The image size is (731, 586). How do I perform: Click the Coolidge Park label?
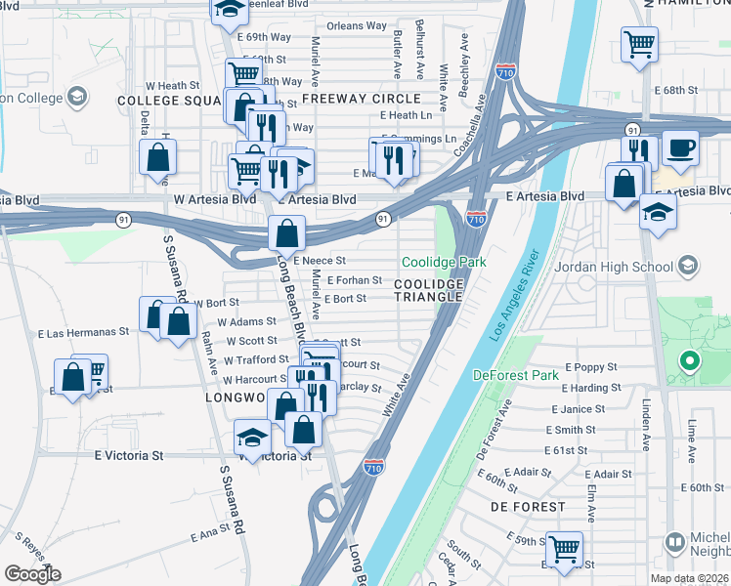click(444, 263)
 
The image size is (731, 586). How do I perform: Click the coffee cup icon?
click(681, 148)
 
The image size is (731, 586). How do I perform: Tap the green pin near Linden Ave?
click(689, 362)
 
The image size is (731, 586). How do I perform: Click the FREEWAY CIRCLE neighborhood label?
click(362, 99)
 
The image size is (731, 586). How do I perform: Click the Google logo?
click(32, 574)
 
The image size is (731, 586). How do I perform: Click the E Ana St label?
click(209, 534)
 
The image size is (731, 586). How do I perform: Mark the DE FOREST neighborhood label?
click(528, 507)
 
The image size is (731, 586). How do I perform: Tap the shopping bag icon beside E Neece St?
click(285, 234)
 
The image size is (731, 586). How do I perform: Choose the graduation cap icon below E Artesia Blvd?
click(658, 212)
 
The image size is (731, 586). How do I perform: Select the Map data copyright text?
click(690, 578)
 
